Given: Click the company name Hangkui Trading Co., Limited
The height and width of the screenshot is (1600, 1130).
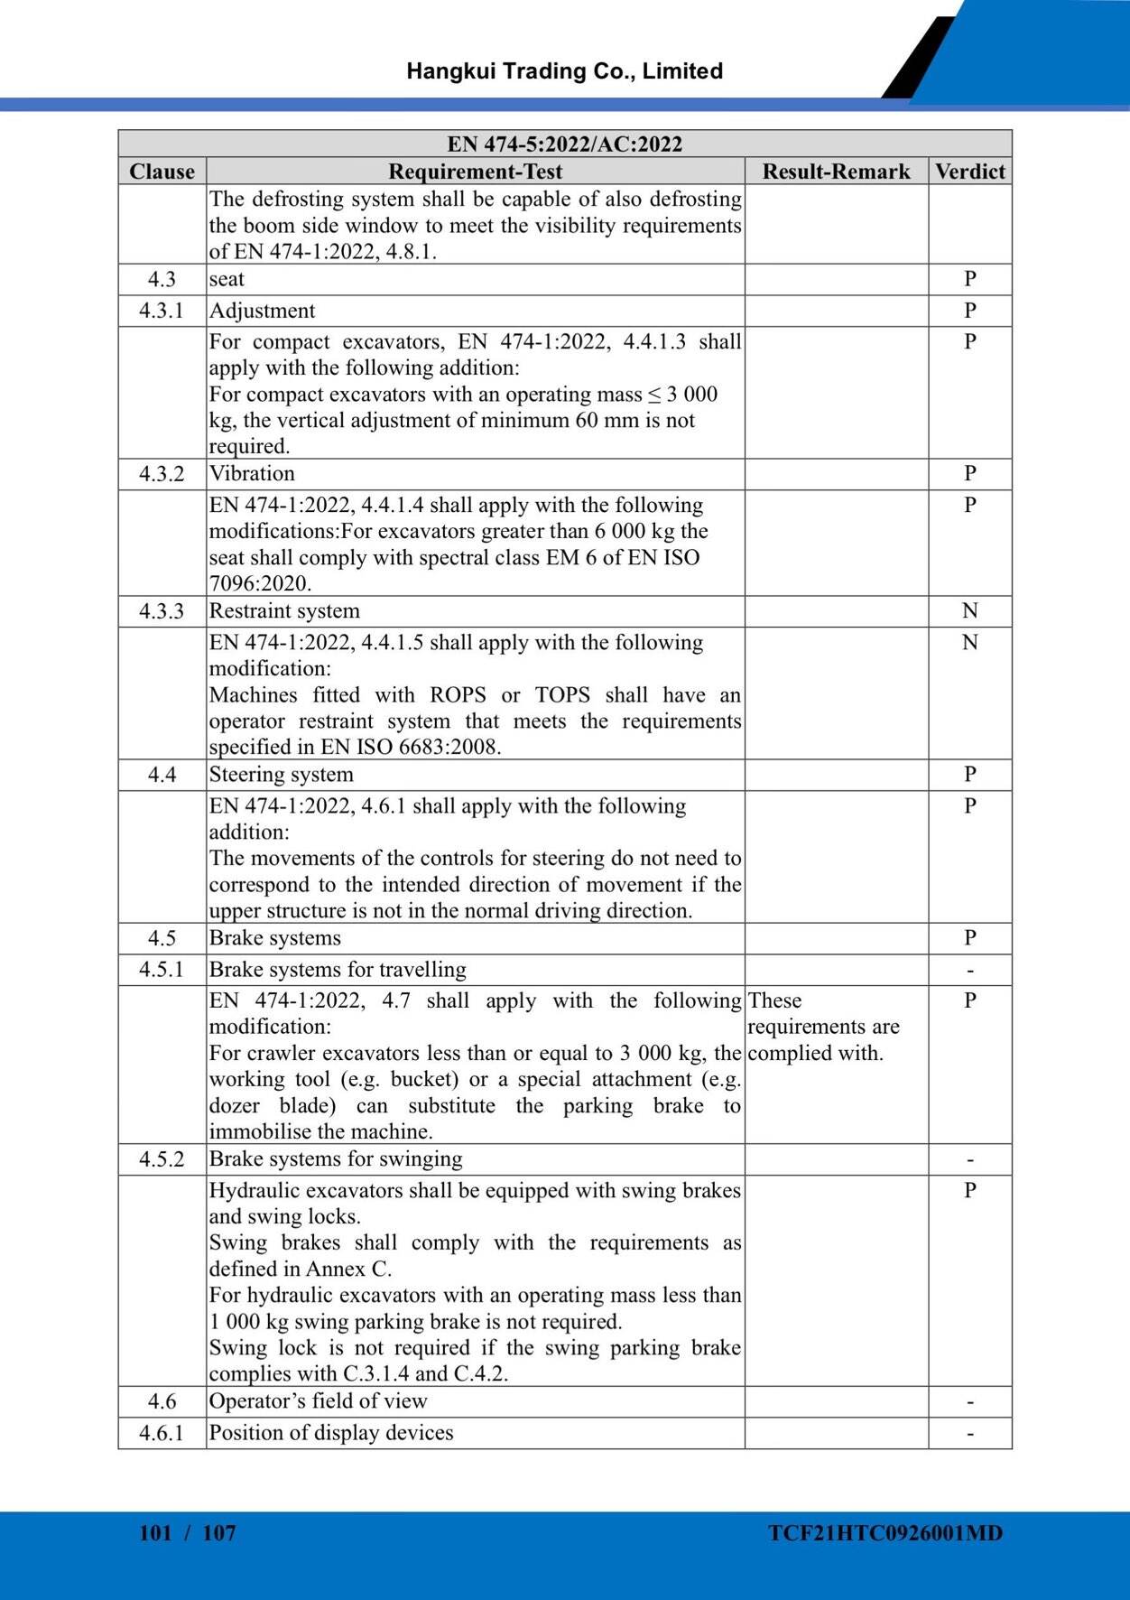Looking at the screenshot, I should (564, 71).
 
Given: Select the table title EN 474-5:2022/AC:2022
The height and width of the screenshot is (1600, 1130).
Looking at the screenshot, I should (564, 144).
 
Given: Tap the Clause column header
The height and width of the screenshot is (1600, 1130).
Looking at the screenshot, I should (162, 172).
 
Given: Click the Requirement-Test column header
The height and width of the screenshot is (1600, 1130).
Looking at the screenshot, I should (475, 172).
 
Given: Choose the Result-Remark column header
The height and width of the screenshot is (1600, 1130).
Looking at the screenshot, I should (836, 172).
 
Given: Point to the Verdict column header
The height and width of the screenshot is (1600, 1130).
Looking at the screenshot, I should (969, 172).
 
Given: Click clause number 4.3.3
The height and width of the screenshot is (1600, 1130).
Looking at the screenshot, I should (162, 611).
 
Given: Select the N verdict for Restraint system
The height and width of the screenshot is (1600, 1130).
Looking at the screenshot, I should (969, 611).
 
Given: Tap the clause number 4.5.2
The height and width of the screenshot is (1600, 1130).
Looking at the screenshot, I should (162, 1159).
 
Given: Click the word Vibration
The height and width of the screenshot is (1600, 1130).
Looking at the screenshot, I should (252, 474).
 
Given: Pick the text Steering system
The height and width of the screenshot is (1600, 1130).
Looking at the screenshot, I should (281, 775).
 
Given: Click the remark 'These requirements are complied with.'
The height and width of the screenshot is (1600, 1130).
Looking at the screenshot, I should (823, 1027).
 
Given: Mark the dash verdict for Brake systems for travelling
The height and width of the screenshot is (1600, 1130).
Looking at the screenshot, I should (969, 971).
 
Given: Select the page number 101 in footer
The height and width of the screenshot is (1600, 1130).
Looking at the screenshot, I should (155, 1533).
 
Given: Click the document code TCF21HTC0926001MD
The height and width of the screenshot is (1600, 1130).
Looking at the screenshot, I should (885, 1533).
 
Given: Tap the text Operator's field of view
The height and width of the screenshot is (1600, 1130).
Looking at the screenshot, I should (318, 1401).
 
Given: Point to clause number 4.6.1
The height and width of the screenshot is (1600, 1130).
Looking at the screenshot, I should (162, 1433).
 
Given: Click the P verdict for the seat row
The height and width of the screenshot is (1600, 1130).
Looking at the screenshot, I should (969, 279).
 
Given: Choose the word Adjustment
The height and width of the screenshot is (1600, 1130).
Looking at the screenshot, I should (262, 311).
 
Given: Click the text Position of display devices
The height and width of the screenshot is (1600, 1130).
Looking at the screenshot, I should (331, 1433).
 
